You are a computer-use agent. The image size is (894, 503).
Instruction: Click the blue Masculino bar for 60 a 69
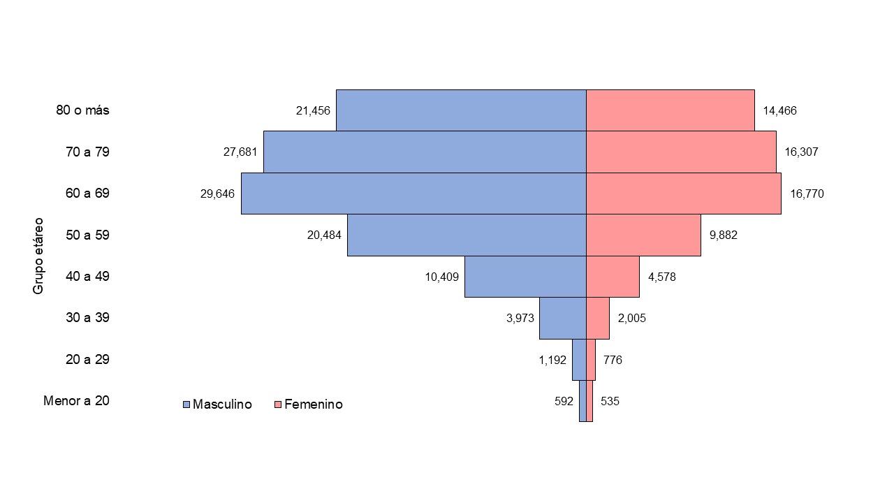[413, 194]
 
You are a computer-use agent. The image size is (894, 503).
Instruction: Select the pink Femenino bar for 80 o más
[670, 110]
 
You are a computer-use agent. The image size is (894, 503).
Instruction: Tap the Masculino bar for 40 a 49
[525, 277]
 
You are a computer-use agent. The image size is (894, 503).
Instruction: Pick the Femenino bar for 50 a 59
[643, 235]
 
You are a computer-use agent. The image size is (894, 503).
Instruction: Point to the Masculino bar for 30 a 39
[562, 318]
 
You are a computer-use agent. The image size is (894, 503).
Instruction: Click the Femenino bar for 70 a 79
[681, 152]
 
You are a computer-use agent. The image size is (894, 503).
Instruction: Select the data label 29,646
[217, 194]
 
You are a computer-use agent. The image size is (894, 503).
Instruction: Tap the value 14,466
[779, 110]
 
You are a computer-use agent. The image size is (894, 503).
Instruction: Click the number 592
[564, 401]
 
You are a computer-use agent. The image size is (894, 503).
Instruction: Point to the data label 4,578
[662, 277]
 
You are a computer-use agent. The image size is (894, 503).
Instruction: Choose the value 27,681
[240, 152]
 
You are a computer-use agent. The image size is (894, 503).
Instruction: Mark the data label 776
[613, 360]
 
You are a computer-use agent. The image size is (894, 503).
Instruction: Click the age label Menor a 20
[76, 401]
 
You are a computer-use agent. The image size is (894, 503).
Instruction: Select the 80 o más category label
[82, 110]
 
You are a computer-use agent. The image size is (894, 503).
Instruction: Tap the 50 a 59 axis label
[87, 235]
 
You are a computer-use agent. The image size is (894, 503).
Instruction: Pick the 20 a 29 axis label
[87, 360]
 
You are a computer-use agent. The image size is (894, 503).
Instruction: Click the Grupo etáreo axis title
[38, 255]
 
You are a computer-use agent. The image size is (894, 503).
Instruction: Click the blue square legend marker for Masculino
[186, 404]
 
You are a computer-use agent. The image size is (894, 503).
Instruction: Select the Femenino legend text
[314, 404]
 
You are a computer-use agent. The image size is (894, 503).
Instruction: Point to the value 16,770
[807, 194]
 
